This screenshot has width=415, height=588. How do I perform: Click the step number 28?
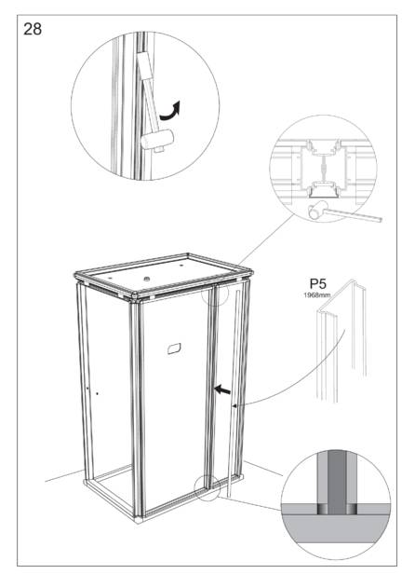coord(33,29)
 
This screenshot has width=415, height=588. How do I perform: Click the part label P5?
coord(317,283)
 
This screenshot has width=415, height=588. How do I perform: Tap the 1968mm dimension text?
coord(317,295)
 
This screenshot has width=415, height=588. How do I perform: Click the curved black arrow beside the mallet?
coord(171,112)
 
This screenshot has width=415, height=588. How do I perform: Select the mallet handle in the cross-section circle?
coord(353,215)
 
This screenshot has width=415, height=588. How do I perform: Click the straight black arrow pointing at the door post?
coord(222,390)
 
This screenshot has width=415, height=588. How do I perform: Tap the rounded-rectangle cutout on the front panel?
coord(175,349)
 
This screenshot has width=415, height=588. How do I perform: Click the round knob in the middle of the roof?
coord(147,279)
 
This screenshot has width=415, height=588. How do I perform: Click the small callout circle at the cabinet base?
coord(207,487)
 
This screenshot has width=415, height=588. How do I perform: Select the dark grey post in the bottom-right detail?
coord(337,483)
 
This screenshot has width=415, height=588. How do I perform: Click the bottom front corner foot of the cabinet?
coord(139,519)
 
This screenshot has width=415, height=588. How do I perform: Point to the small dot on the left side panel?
coord(97,393)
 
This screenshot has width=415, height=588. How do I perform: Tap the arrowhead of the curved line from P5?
coord(235,405)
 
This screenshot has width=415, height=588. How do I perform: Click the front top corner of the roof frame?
coord(136,296)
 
